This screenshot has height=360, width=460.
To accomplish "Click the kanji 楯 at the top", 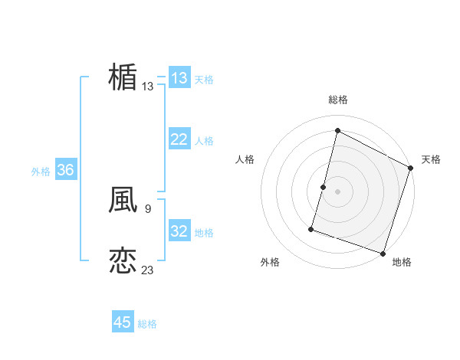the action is pyautogui.click(x=123, y=77).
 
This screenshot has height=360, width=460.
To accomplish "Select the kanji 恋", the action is pyautogui.click(x=123, y=260).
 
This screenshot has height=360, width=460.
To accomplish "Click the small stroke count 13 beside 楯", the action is pyautogui.click(x=148, y=87).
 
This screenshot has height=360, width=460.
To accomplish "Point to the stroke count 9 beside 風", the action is pyautogui.click(x=147, y=208).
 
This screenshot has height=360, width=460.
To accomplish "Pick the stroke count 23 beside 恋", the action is pyautogui.click(x=148, y=270).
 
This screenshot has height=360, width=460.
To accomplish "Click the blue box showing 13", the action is pyautogui.click(x=179, y=78).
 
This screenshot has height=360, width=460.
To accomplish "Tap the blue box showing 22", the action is pyautogui.click(x=179, y=139).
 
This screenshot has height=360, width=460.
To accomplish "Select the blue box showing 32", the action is pyautogui.click(x=179, y=231).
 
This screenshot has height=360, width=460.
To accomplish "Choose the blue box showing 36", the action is pyautogui.click(x=65, y=170).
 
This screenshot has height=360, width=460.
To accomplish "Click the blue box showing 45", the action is pyautogui.click(x=123, y=322).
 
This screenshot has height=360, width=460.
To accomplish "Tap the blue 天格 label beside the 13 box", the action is pyautogui.click(x=204, y=79).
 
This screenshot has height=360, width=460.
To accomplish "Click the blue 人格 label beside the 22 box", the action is pyautogui.click(x=204, y=140).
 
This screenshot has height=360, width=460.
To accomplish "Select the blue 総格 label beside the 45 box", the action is pyautogui.click(x=147, y=323).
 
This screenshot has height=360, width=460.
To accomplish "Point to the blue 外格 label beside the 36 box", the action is pyautogui.click(x=41, y=171).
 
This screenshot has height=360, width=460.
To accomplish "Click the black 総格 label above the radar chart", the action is pyautogui.click(x=337, y=100).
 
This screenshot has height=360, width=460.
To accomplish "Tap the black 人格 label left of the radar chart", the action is pyautogui.click(x=245, y=159).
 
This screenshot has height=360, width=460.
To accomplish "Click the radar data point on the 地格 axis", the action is pyautogui.click(x=383, y=253).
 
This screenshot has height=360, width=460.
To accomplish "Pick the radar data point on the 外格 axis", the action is pyautogui.click(x=312, y=228).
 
